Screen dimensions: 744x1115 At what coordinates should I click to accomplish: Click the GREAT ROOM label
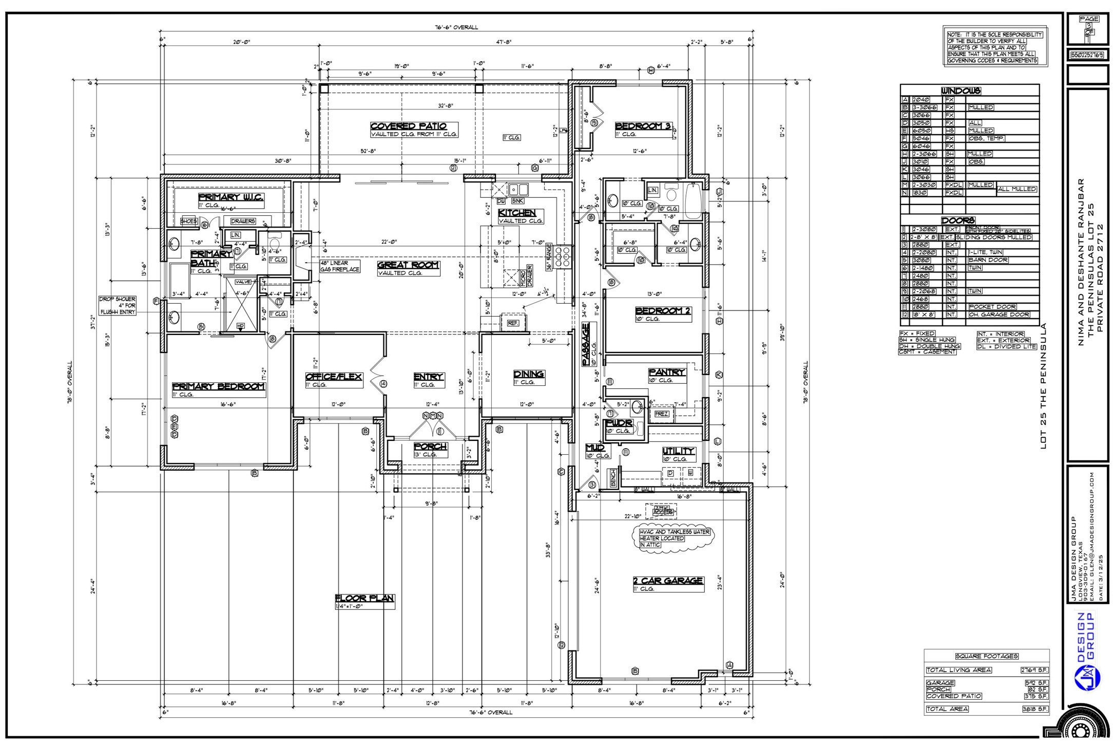[x=408, y=265]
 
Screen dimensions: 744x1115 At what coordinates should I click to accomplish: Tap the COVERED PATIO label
[x=409, y=126]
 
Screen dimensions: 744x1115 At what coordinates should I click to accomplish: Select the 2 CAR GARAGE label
[x=668, y=581]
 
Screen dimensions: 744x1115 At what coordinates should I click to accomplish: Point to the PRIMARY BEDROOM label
[x=219, y=386]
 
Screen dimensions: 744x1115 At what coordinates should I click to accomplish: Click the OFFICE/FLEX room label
[x=334, y=377]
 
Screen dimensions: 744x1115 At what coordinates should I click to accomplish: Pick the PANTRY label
[x=667, y=372]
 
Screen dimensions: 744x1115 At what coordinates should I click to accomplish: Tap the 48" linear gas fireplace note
[x=339, y=266]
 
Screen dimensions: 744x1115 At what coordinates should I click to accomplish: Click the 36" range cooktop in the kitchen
[x=563, y=255]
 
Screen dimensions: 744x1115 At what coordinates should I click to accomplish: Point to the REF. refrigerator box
[x=513, y=323]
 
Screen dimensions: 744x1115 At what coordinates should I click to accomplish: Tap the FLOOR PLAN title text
[x=364, y=598]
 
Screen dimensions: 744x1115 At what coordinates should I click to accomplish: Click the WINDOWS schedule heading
[x=960, y=91]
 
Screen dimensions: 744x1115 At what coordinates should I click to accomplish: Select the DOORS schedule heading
[x=958, y=220]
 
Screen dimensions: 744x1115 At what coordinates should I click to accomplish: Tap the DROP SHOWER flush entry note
[x=118, y=305]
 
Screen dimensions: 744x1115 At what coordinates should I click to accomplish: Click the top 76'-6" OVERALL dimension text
[x=456, y=27]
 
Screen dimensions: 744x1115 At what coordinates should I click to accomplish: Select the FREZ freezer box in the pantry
[x=661, y=414]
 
